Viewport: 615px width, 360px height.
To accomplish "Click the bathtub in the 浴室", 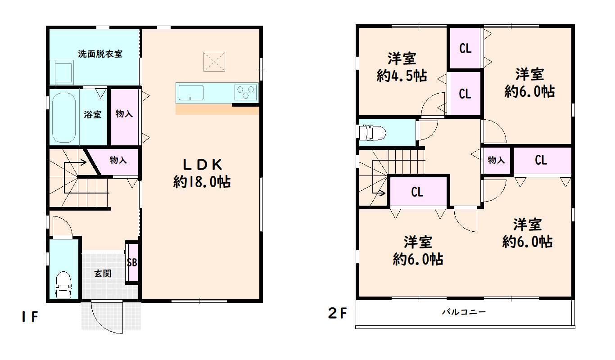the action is [x=63, y=117].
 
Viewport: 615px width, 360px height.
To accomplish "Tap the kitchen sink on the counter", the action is [x=191, y=93].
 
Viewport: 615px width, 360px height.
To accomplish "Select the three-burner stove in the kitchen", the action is [x=246, y=92].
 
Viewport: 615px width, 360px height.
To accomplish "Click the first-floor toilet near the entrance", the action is [x=63, y=284].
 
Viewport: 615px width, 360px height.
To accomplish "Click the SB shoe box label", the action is [x=132, y=263].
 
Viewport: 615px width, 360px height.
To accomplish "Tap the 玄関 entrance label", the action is [x=103, y=274].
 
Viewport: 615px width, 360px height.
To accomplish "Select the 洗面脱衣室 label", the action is [x=100, y=54].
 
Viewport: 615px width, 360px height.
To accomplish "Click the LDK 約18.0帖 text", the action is [x=202, y=173].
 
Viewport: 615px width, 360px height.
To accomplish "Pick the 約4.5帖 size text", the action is [x=402, y=76].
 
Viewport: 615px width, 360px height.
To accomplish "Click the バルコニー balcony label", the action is [x=464, y=312].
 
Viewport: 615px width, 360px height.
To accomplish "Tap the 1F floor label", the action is [x=30, y=317].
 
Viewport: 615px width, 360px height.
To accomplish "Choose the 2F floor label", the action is [x=337, y=313].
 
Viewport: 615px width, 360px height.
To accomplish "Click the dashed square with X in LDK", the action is [x=214, y=62].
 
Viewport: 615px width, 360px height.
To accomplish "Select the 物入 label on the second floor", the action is [x=497, y=160].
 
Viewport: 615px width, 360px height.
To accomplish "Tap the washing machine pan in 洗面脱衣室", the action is [x=62, y=72].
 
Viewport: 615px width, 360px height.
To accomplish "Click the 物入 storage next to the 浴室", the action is [x=124, y=117].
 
